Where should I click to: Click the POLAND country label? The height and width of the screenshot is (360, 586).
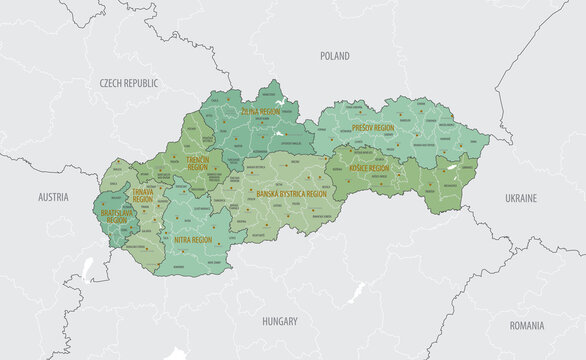[x=335, y=57]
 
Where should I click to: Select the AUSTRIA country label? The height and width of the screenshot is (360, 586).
[x=53, y=198]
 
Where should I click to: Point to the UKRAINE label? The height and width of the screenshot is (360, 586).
[x=521, y=199]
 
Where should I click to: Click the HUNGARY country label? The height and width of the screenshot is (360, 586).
[x=280, y=322]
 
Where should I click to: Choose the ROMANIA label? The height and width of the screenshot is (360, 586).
[x=526, y=325]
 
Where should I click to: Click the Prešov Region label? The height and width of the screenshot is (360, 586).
[x=372, y=129]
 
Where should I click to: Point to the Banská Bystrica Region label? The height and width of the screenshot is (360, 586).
[x=291, y=193]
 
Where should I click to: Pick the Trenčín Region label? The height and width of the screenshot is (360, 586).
[x=197, y=162]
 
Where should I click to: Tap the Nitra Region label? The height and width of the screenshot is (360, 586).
[x=193, y=240]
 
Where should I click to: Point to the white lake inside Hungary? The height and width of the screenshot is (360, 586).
[x=354, y=293]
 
